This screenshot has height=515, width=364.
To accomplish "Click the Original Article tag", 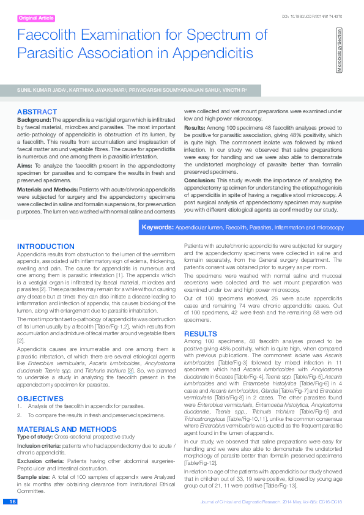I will (36, 18).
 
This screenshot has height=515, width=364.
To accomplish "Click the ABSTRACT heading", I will (37, 112).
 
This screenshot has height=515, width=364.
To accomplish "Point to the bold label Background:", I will (34, 120).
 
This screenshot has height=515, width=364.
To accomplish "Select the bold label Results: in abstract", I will (195, 127).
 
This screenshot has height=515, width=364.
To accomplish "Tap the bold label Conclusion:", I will (199, 180).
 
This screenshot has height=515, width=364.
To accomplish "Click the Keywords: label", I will (157, 227).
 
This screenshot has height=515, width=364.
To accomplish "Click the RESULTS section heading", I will (201, 333).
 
